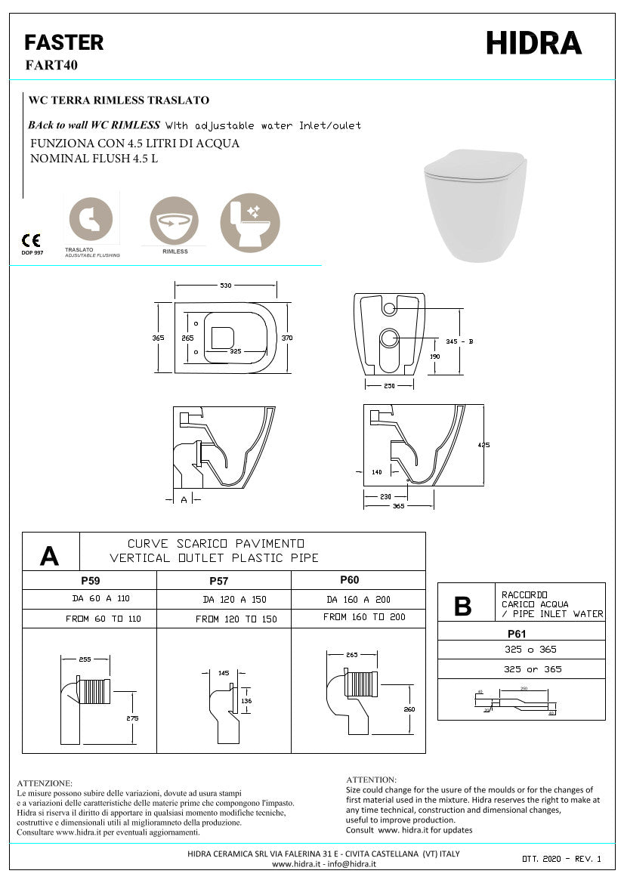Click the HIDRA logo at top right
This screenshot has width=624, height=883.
533,44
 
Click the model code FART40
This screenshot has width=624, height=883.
51,65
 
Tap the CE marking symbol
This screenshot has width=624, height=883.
31,241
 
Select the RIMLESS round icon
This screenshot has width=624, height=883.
175,221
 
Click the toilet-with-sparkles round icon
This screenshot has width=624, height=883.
250,221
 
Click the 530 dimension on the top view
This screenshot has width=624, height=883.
225,285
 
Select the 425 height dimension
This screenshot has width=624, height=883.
483,445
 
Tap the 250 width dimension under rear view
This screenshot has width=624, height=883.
389,386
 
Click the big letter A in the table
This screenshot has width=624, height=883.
49,556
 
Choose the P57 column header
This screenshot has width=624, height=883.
218,581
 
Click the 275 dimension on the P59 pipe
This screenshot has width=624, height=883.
132,718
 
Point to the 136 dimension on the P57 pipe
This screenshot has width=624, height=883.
246,700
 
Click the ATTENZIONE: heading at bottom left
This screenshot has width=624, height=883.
45,783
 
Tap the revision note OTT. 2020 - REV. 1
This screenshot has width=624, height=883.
561,860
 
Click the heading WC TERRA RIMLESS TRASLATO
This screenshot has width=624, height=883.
119,100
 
